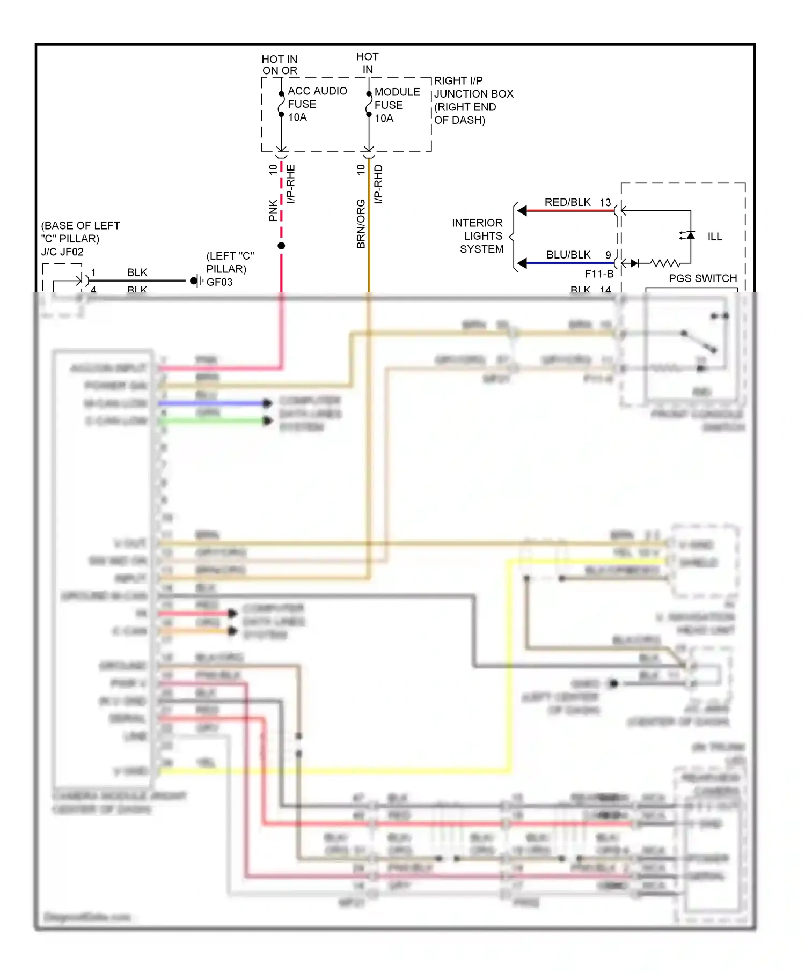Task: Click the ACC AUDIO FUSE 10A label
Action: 317,104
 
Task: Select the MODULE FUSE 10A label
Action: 397,105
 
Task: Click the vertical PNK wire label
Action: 273,211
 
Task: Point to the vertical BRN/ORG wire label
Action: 361,224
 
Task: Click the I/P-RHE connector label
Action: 290,184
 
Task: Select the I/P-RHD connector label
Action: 378,184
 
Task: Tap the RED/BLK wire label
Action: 567,202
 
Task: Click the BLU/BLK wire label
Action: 568,255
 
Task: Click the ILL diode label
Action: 714,237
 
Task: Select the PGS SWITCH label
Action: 702,278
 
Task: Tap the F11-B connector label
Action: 599,274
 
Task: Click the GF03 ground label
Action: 219,282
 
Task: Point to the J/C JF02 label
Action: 62,252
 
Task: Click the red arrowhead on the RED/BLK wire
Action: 522,211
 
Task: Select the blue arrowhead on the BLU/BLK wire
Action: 522,263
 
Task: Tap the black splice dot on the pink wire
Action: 281,246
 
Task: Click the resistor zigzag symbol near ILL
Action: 665,263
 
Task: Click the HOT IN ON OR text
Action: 279,65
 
